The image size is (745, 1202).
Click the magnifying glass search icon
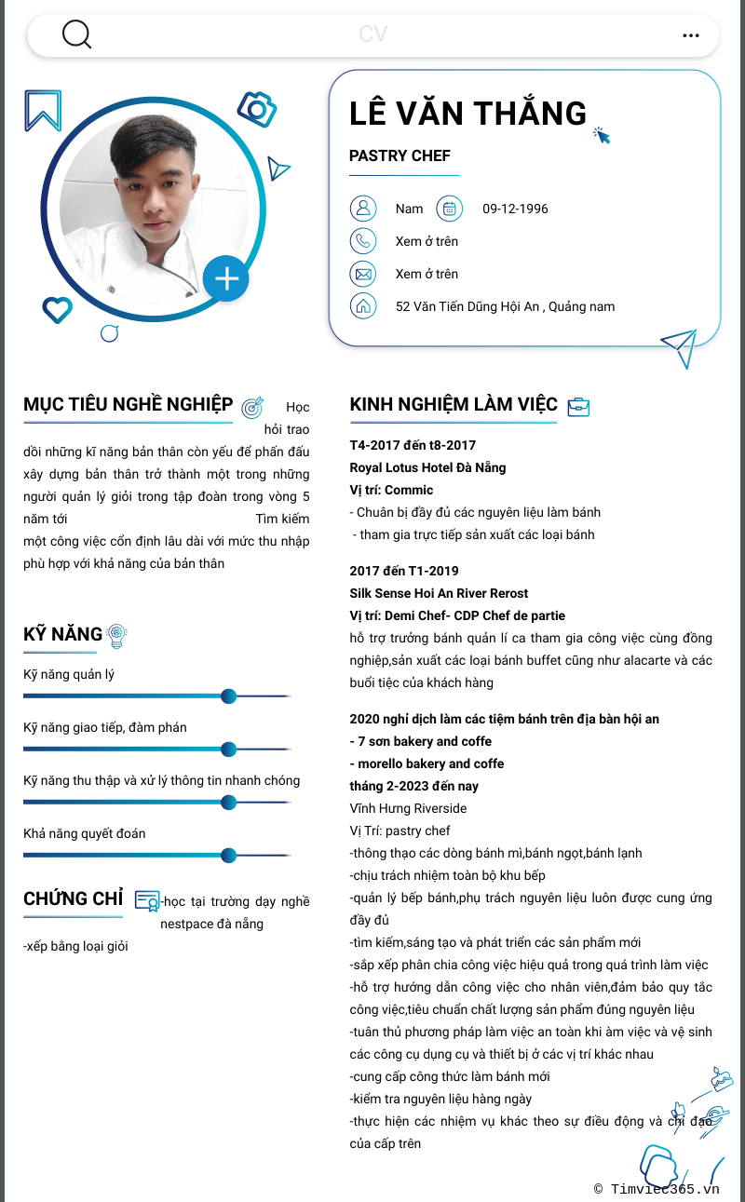[76, 34]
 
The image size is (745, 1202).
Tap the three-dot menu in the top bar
[690, 35]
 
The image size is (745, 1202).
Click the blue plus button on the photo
[226, 277]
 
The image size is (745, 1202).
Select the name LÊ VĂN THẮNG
[467, 114]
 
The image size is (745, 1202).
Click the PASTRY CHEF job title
[400, 155]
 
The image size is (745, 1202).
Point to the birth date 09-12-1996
[515, 209]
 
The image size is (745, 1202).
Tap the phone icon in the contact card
[362, 241]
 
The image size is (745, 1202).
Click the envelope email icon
[362, 274]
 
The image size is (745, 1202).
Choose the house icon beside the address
[362, 306]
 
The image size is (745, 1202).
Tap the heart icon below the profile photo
[57, 309]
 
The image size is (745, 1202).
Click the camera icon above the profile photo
[257, 109]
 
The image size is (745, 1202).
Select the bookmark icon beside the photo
[43, 111]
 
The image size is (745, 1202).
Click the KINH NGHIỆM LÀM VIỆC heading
[454, 404]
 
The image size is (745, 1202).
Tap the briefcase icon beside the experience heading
[578, 406]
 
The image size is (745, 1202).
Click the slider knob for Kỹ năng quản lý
[228, 696]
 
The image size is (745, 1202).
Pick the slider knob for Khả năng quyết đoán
[228, 856]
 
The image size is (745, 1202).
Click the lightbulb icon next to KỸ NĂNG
[116, 635]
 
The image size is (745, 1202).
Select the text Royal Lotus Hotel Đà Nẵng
[427, 467]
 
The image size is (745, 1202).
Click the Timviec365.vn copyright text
[657, 1188]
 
